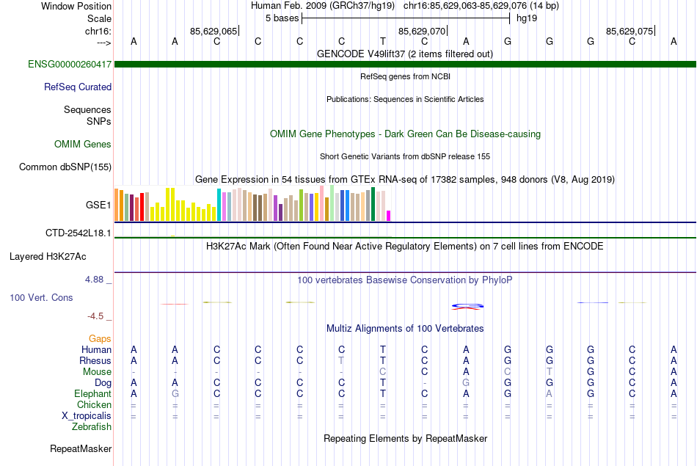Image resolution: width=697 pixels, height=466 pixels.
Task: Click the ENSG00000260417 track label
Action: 70,65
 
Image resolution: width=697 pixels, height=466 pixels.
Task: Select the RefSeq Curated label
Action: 78,87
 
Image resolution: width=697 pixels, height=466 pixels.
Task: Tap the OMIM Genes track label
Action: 83,144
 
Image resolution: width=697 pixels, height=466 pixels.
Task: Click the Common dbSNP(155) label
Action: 65,167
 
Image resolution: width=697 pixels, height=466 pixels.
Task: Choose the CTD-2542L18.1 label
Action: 79,233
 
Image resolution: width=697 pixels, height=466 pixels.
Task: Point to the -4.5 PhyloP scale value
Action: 96,316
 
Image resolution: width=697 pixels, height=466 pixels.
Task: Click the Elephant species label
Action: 93,393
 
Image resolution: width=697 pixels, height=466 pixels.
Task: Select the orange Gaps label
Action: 101,338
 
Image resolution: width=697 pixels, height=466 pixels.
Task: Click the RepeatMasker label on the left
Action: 81,448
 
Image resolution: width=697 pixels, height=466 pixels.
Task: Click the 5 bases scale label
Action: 281,18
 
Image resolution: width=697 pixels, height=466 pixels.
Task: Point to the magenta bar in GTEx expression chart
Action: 389,215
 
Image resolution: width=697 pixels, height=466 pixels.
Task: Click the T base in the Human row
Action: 383,349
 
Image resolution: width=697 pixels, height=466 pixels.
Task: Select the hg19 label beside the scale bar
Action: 527,18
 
